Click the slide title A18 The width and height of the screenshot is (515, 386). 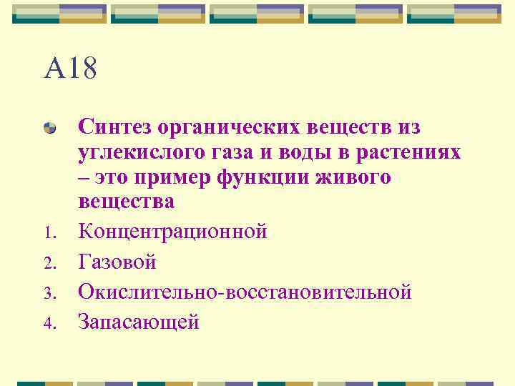click(x=70, y=70)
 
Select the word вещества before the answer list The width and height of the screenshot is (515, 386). click(x=126, y=202)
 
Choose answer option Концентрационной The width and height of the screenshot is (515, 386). click(x=172, y=232)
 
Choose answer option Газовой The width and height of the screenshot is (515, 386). click(x=117, y=262)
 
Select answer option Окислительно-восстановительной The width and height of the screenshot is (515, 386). click(x=245, y=292)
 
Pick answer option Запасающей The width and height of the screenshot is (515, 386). click(x=139, y=322)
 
